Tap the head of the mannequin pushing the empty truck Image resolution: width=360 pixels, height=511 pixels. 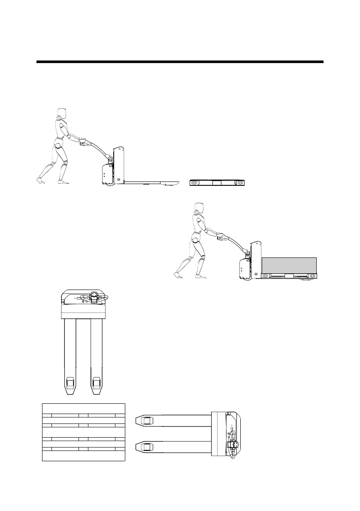pyautogui.click(x=61, y=113)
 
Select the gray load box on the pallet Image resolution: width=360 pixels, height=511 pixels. pyautogui.click(x=289, y=264)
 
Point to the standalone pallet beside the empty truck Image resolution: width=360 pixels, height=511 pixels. pyautogui.click(x=218, y=183)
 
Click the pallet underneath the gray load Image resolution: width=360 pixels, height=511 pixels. pyautogui.click(x=289, y=275)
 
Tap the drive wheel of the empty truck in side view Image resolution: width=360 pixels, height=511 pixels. pyautogui.click(x=108, y=183)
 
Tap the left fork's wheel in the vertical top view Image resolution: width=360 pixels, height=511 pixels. pyautogui.click(x=70, y=381)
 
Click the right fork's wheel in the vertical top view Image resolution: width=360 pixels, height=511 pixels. pyautogui.click(x=97, y=381)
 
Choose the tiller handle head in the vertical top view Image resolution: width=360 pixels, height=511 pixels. pyautogui.click(x=94, y=297)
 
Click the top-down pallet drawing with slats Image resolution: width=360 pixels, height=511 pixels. pyautogui.click(x=83, y=432)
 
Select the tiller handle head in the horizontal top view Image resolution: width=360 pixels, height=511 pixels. pyautogui.click(x=234, y=447)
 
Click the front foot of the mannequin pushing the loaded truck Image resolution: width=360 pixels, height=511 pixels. pyautogui.click(x=200, y=276)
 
